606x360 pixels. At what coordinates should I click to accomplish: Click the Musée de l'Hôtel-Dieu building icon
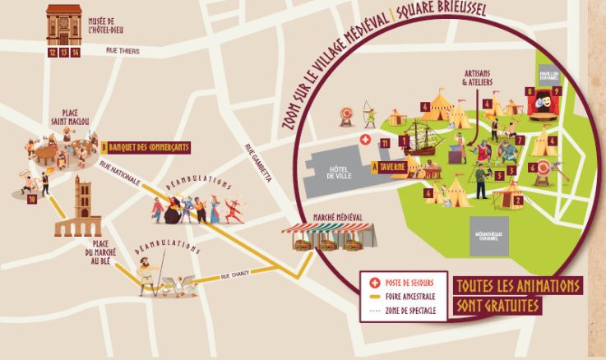click(63, 25)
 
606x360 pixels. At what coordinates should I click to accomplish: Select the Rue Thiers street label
click(123, 51)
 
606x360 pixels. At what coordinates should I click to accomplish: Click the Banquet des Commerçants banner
click(149, 147)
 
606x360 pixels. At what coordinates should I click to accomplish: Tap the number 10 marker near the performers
click(31, 199)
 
